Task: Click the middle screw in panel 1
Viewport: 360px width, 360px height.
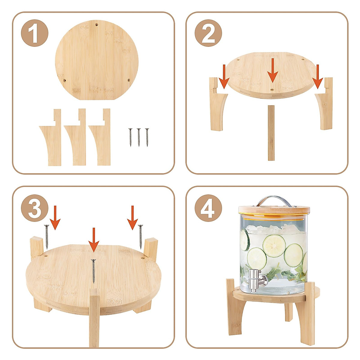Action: tap(139, 137)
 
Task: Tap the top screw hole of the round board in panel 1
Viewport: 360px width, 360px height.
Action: tap(97, 24)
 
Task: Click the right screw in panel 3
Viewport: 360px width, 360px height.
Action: tap(140, 236)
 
